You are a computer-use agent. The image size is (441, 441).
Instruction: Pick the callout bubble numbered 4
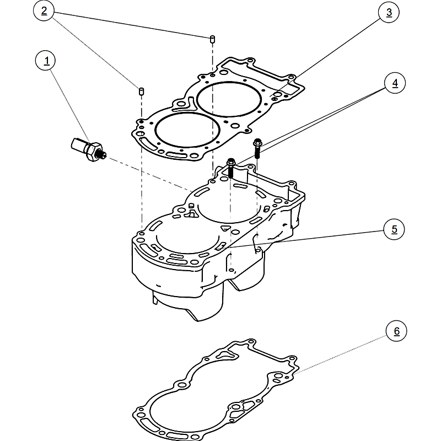(x=394, y=83)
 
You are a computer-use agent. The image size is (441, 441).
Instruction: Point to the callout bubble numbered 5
(x=394, y=229)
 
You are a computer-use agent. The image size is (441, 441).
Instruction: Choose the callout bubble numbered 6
(x=396, y=331)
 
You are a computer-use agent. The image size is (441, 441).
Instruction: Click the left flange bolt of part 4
(x=232, y=166)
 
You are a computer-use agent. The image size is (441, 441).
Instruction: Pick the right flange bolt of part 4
(x=257, y=147)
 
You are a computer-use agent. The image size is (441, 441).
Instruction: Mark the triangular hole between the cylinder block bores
(x=225, y=228)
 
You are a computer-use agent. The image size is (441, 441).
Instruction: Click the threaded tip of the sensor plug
(x=103, y=157)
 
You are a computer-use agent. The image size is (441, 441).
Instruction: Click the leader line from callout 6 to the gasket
(x=342, y=353)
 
